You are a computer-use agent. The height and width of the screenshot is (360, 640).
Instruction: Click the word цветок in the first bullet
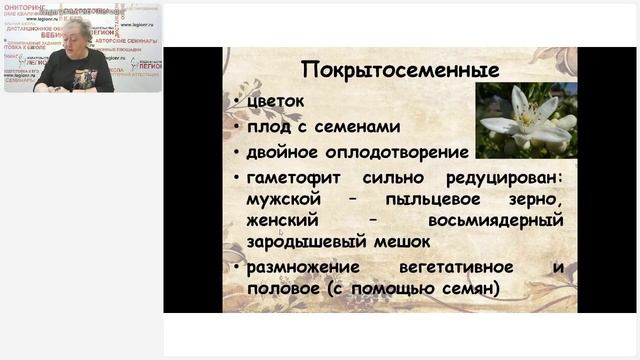point(270,101)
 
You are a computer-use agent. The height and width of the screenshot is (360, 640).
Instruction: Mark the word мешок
point(399,242)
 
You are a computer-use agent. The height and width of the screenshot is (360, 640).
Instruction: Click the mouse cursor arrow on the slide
point(281,233)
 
